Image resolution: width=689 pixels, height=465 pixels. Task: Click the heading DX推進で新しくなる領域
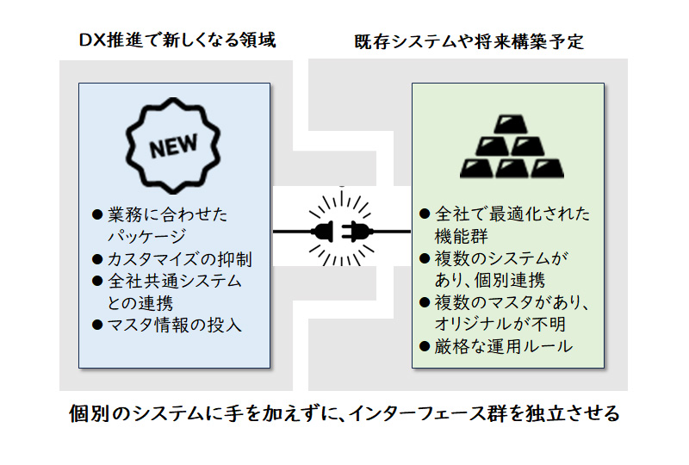pyautogui.click(x=177, y=40)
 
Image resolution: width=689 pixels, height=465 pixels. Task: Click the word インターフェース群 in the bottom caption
pyautogui.click(x=426, y=413)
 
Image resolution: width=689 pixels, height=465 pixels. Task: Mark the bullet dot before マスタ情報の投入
pyautogui.click(x=97, y=325)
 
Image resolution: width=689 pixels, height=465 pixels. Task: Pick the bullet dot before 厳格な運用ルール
pyautogui.click(x=423, y=347)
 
